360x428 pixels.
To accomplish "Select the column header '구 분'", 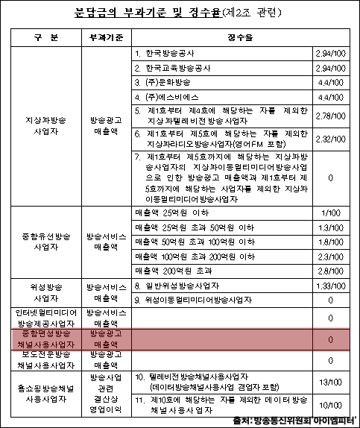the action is (x=43, y=37).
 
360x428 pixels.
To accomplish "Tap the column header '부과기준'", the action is (x=108, y=37).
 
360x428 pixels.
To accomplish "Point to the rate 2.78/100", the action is (x=329, y=116).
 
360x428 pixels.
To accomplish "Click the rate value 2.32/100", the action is (x=329, y=139).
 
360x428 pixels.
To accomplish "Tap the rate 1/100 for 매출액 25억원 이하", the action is (x=329, y=213).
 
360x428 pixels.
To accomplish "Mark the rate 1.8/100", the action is (x=329, y=242).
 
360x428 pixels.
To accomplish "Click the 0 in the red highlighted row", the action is (x=329, y=339).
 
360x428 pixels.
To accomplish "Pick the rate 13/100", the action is (x=329, y=381).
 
